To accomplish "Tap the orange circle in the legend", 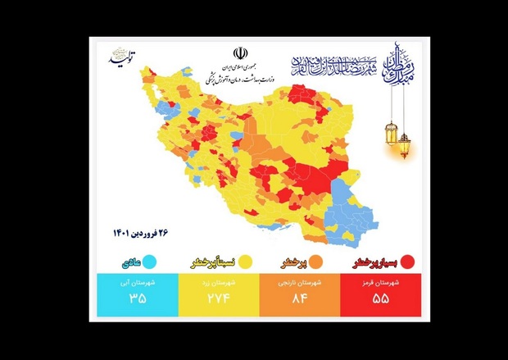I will [315, 262].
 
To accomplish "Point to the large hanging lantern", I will [404, 144].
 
